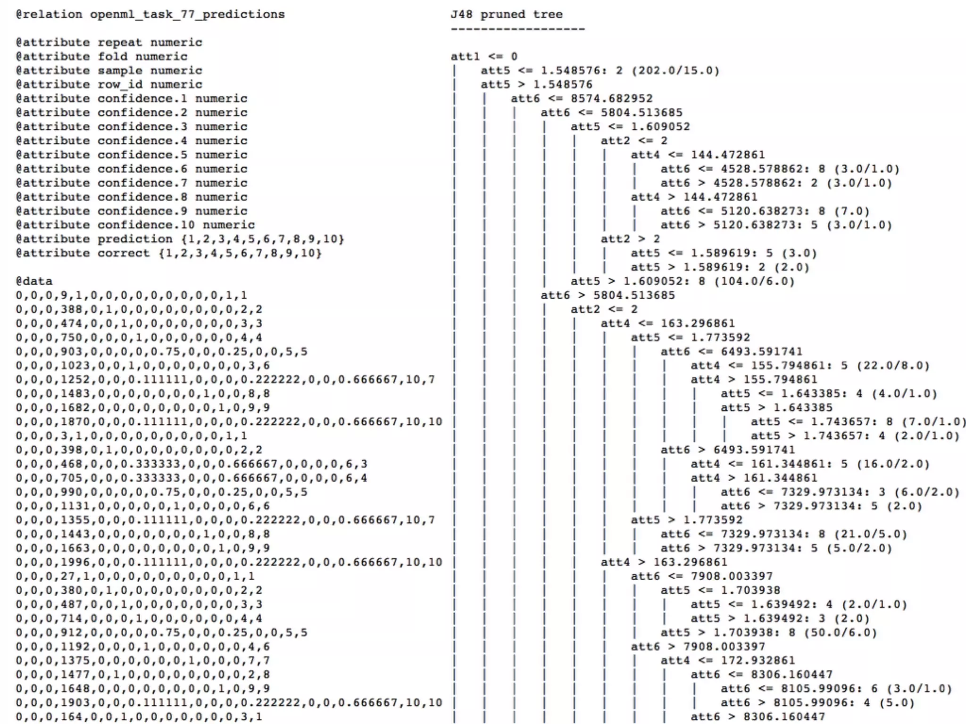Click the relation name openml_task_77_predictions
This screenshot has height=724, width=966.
[x=187, y=14]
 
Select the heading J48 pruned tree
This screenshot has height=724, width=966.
[x=507, y=14]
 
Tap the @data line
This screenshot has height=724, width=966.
[x=34, y=281]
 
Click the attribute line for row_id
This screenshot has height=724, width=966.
[x=109, y=84]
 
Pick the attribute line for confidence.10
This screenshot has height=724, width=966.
[x=135, y=225]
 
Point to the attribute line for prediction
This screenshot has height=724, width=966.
[x=180, y=239]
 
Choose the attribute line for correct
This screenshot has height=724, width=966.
[x=168, y=253]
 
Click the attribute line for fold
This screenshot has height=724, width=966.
[x=101, y=57]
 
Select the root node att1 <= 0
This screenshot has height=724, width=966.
[x=484, y=57]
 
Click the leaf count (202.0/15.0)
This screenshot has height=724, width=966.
[x=675, y=71]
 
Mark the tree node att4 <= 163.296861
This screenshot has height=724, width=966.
[x=667, y=323]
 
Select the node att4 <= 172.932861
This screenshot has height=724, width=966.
[x=727, y=660]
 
